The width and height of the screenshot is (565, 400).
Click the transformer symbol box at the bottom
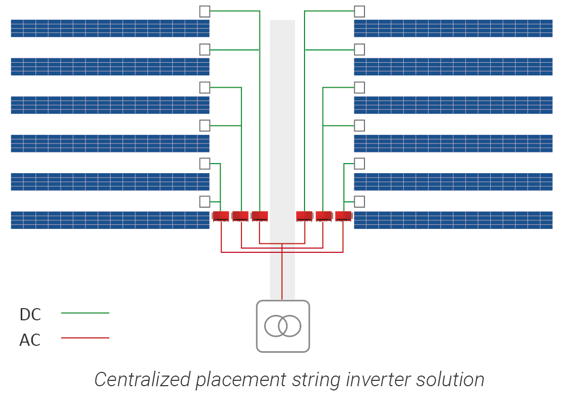coord(283,326)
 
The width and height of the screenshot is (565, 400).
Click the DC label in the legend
coord(30,314)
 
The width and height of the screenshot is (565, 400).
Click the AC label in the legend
coord(30,340)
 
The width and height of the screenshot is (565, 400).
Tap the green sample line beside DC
coord(85,313)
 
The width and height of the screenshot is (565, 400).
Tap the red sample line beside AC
coord(85,338)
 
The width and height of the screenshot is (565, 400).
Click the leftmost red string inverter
coord(221,216)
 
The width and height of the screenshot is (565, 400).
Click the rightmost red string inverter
coord(343,216)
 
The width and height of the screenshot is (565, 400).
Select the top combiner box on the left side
coord(205,11)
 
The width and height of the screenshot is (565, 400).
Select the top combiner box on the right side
coord(359,11)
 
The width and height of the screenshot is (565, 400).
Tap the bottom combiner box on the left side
coord(205,201)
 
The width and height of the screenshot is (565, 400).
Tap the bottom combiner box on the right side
coord(359,201)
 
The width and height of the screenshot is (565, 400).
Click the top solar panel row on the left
coord(110,28)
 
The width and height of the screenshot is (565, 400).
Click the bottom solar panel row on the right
coord(453,220)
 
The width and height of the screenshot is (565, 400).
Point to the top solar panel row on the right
coord(453,28)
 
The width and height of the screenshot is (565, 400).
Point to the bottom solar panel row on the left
coord(110,220)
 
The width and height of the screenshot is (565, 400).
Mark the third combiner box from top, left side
coord(205,87)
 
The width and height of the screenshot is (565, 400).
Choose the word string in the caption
coord(318,380)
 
